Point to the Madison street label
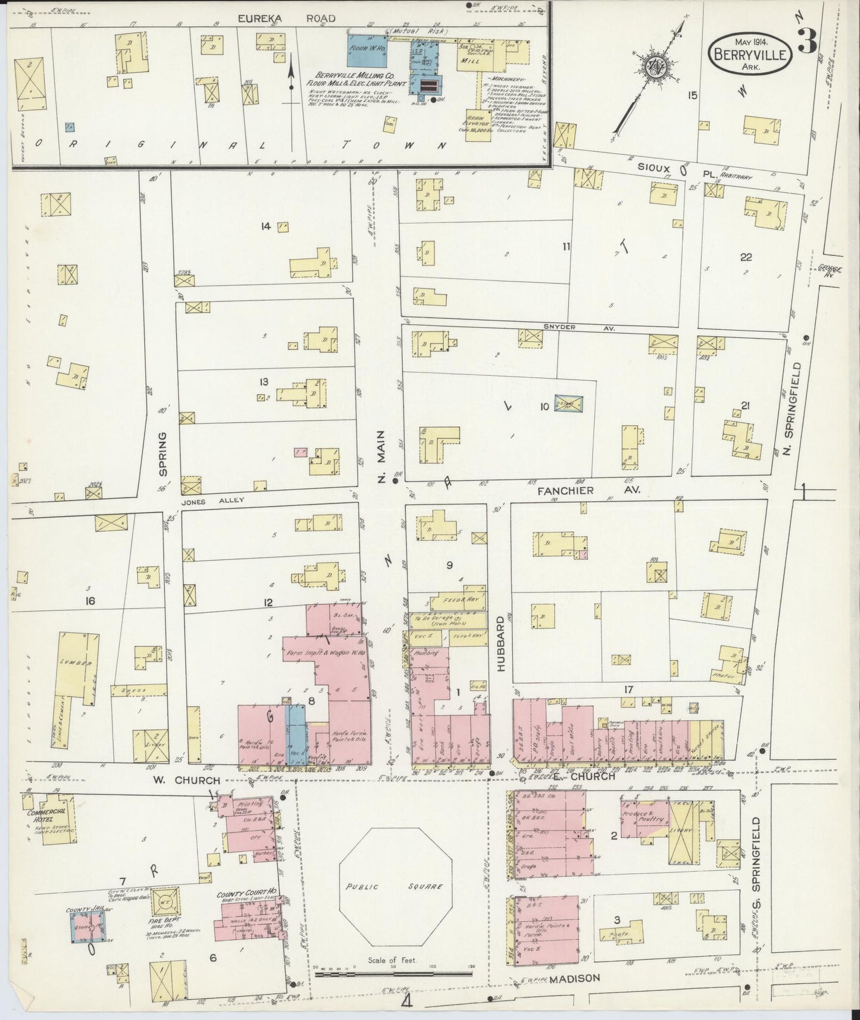tap(575, 978)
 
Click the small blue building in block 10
tap(568, 404)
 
